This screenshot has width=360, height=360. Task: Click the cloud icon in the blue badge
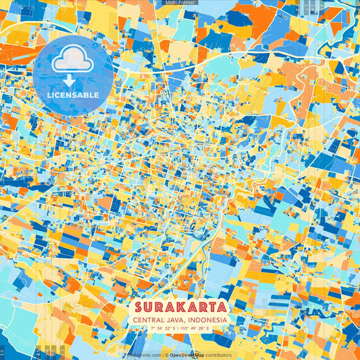[x=73, y=61]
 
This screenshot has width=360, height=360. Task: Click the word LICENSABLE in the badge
[x=73, y=95]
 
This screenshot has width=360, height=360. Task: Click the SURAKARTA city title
[x=180, y=307]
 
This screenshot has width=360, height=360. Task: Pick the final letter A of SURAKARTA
[x=221, y=307]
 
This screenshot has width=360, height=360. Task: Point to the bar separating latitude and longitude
[x=179, y=328]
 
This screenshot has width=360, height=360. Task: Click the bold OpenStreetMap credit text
[x=186, y=355]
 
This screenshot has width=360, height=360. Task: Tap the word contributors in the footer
[x=218, y=355]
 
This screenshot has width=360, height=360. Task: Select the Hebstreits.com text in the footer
[x=144, y=355]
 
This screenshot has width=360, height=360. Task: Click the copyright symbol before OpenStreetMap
[x=166, y=355]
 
